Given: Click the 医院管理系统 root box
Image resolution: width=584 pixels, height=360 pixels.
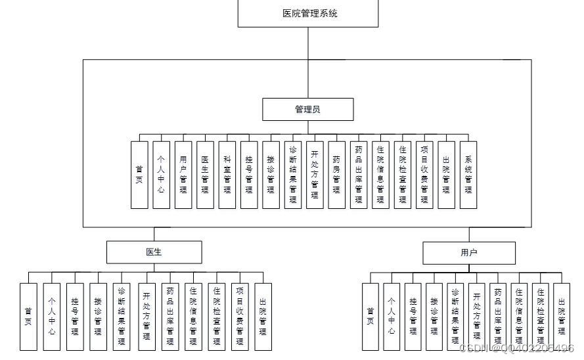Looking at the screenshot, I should [308, 13].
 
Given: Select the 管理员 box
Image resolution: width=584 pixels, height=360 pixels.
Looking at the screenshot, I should [308, 110].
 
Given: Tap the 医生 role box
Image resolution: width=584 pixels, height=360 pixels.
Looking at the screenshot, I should [154, 252].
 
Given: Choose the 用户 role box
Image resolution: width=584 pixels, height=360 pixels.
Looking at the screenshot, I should [469, 252].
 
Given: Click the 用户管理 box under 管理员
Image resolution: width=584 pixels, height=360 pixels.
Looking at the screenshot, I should [183, 175].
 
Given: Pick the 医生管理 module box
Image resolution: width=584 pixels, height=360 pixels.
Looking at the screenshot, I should [205, 175].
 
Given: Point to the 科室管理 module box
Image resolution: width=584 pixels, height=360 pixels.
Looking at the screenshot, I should [227, 175].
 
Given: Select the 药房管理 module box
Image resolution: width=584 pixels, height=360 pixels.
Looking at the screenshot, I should [336, 175].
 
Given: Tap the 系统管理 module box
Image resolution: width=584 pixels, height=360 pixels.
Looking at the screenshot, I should [468, 175].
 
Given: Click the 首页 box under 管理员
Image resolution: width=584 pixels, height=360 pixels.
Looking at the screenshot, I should [139, 175].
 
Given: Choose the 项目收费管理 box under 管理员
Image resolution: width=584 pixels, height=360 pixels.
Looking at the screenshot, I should [424, 175].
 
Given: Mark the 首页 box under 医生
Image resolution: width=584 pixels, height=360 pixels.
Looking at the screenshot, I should [28, 316].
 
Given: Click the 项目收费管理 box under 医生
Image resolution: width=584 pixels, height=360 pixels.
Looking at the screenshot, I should [240, 316].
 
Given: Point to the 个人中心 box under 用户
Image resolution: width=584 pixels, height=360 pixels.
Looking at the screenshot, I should [392, 316].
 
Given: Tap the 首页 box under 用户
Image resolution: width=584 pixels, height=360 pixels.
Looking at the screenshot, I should [371, 316].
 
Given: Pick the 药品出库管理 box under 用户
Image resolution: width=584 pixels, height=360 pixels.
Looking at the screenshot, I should [498, 316].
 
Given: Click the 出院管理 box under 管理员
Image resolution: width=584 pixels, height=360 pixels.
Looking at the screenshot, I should [446, 175].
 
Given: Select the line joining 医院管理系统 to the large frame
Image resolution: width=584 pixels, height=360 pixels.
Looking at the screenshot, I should [308, 43].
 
